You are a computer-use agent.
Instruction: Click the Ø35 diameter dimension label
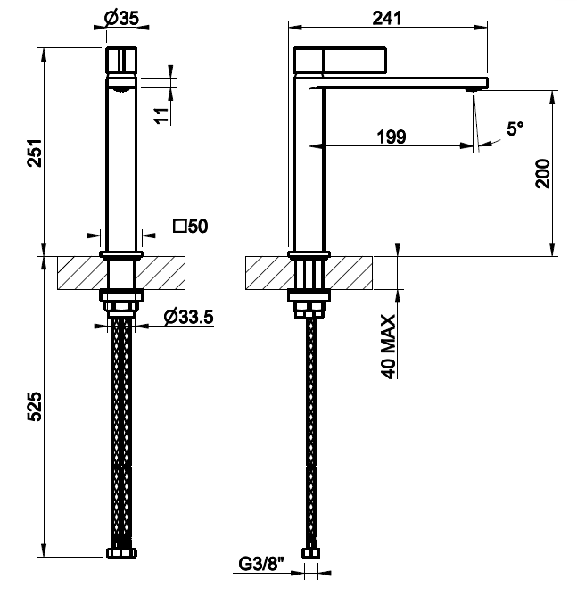[121, 18]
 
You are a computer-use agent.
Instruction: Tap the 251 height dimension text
[34, 153]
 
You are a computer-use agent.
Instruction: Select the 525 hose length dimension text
[34, 406]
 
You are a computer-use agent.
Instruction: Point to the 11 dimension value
[161, 116]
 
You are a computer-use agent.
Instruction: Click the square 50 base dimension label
[191, 226]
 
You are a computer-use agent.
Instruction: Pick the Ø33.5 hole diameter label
[189, 317]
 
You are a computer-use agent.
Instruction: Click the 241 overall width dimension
[387, 18]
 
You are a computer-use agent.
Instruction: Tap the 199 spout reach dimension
[392, 137]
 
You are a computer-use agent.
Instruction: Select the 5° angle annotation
[515, 128]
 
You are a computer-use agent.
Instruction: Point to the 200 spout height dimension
[542, 174]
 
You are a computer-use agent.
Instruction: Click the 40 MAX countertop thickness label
[388, 346]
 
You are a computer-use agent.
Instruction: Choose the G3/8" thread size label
[261, 564]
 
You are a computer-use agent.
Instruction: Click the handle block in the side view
[341, 60]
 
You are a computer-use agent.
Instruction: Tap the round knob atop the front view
[120, 59]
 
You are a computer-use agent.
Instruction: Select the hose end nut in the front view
[121, 552]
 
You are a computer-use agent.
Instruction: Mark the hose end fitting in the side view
[310, 552]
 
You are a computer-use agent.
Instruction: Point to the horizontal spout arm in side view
[399, 82]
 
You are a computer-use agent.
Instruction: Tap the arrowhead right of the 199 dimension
[466, 145]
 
